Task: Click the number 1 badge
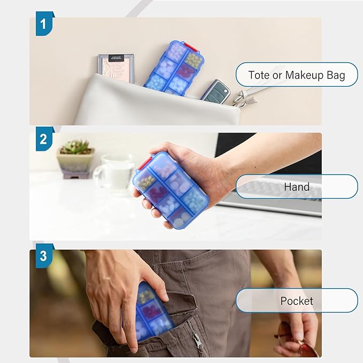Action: [x=44, y=24]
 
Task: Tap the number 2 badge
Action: [x=44, y=139]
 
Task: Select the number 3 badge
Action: [x=44, y=256]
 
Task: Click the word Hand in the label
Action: [x=297, y=187]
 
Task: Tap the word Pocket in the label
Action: [x=297, y=301]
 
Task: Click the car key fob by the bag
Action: [x=215, y=90]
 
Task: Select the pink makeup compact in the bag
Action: [x=117, y=68]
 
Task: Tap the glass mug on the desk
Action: [x=114, y=173]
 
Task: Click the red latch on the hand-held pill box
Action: [x=145, y=162]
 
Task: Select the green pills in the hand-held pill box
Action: [x=146, y=181]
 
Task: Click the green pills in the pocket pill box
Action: [x=145, y=296]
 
